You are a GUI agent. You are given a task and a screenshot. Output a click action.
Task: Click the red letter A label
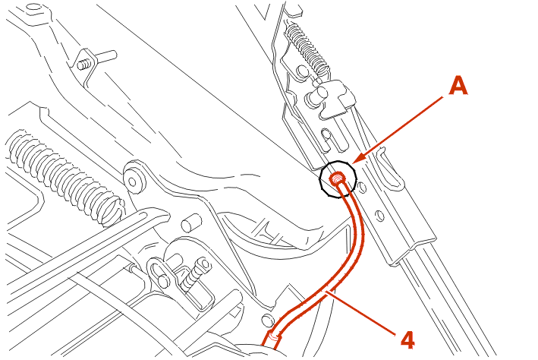tap(458, 86)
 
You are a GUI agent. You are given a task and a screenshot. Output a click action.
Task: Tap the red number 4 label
tap(407, 340)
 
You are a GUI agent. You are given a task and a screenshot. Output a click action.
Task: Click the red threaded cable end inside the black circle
tap(337, 178)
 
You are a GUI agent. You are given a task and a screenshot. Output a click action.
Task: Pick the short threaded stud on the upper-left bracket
tap(84, 64)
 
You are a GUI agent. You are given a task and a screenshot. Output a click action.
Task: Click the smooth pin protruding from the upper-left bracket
tap(106, 55)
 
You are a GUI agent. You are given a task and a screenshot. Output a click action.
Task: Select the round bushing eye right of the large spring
tap(134, 176)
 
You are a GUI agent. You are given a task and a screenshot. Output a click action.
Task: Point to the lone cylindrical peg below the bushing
tap(191, 223)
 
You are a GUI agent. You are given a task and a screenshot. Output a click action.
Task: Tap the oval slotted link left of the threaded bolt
tap(159, 273)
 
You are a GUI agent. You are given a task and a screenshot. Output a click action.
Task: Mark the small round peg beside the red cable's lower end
tap(268, 321)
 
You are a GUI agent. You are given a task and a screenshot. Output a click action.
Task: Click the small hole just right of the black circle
tap(360, 187)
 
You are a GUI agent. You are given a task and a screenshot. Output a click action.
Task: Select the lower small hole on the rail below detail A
tap(380, 216)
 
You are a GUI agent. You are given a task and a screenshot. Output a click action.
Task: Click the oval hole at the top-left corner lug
tap(33, 8)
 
